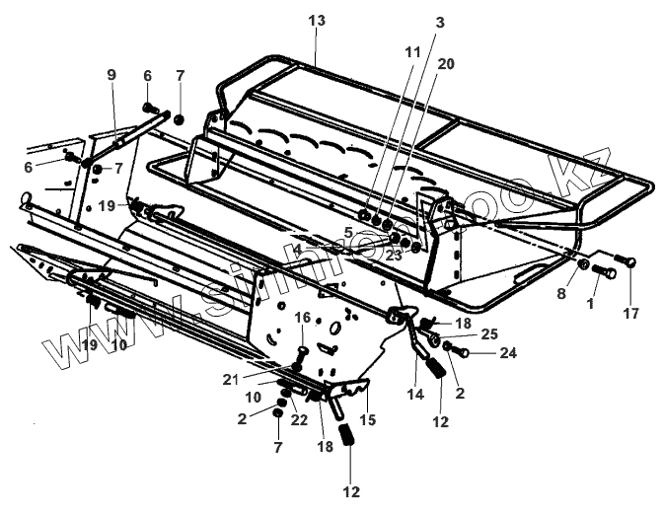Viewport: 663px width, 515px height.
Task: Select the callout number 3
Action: (x=440, y=22)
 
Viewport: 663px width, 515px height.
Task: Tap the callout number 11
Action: (x=411, y=48)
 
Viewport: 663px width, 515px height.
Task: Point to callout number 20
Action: (x=446, y=63)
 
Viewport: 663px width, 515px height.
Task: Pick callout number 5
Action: (x=348, y=233)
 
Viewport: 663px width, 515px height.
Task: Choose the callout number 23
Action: (x=395, y=253)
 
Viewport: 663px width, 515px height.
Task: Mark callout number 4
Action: (x=297, y=249)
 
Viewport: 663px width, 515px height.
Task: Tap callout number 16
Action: (x=303, y=317)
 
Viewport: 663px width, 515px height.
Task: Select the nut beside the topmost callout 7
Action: (x=180, y=119)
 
